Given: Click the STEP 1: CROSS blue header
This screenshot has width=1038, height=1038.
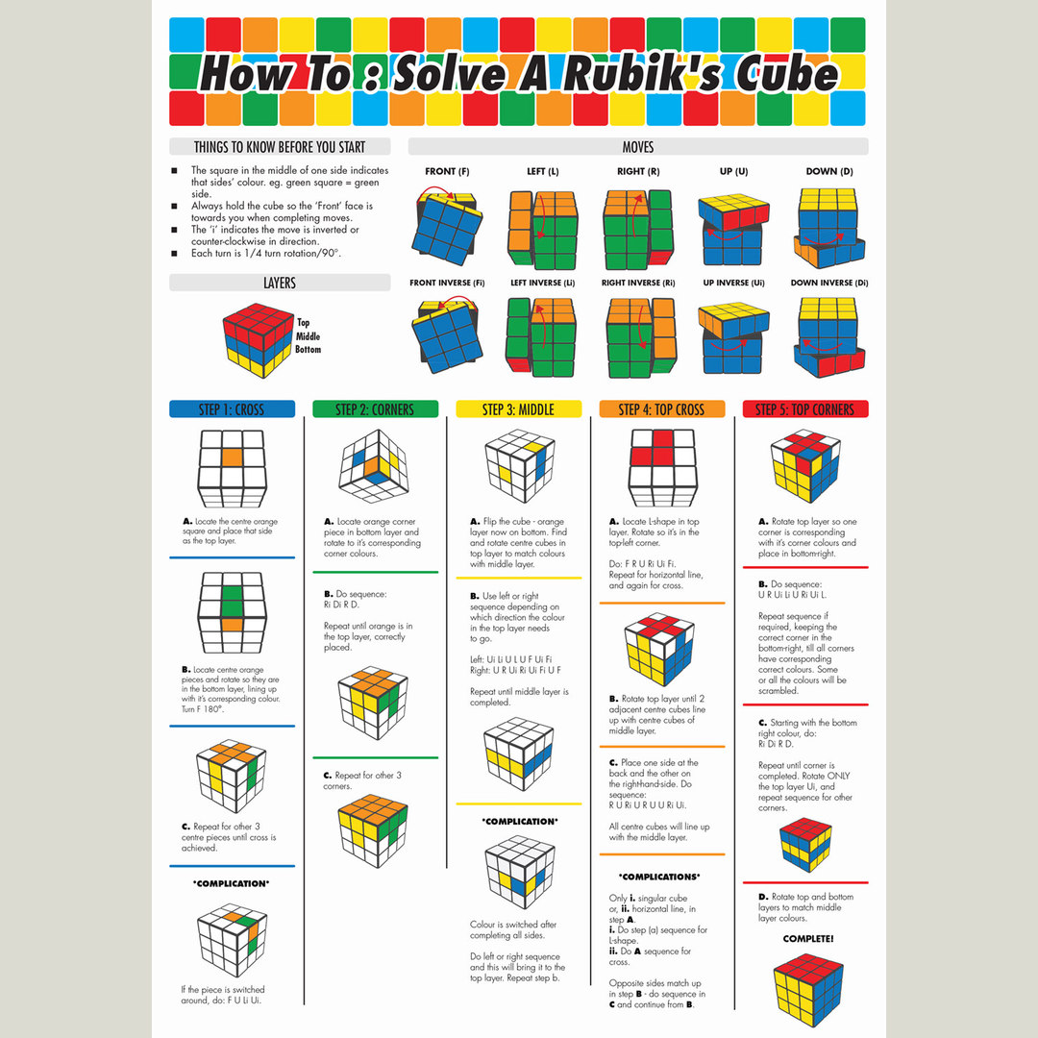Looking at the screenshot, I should pyautogui.click(x=232, y=409).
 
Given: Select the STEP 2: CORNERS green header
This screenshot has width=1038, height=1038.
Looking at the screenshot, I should pyautogui.click(x=375, y=409).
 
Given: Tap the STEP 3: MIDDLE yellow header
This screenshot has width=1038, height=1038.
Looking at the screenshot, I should pyautogui.click(x=518, y=409).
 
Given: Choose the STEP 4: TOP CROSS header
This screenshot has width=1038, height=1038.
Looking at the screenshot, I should pyautogui.click(x=661, y=409).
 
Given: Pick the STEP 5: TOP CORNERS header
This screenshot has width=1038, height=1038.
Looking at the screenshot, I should pyautogui.click(x=805, y=409).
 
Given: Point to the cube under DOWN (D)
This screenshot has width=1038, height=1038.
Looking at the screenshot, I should pyautogui.click(x=829, y=229).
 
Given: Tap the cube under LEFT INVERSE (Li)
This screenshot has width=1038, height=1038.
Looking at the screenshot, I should pyautogui.click(x=541, y=336).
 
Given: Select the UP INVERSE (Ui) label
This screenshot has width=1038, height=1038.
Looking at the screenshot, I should pyautogui.click(x=733, y=284).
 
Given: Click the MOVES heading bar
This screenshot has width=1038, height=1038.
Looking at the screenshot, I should pyautogui.click(x=638, y=147).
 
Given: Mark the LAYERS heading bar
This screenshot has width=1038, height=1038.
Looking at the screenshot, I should pyautogui.click(x=280, y=284).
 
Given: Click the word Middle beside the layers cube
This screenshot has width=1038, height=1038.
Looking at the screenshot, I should pyautogui.click(x=309, y=336).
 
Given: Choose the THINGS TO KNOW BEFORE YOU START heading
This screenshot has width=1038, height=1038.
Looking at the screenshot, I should pyautogui.click(x=280, y=147).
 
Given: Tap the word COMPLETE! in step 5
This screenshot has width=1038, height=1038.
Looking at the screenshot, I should pyautogui.click(x=807, y=938).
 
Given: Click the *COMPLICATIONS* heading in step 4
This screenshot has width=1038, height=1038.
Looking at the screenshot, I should pyautogui.click(x=659, y=877).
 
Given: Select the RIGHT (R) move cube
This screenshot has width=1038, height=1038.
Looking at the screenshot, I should pyautogui.click(x=638, y=229).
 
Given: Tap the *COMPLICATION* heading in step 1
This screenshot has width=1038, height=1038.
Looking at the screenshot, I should pyautogui.click(x=232, y=883).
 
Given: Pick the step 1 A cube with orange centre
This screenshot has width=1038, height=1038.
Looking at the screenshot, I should pyautogui.click(x=232, y=468).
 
